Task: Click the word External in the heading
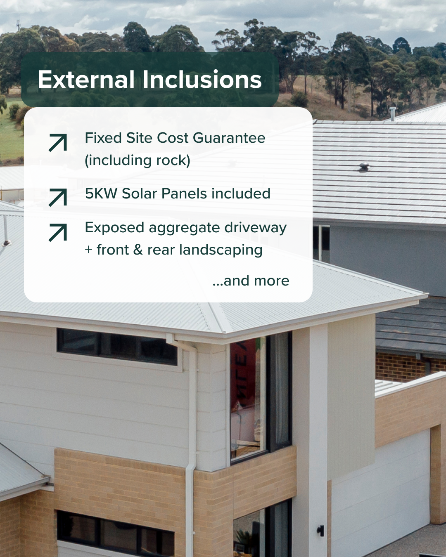click(x=86, y=80)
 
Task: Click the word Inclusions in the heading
click(x=202, y=80)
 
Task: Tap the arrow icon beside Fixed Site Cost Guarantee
click(x=58, y=142)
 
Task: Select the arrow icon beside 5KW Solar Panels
click(x=58, y=198)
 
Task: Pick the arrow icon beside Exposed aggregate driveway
click(x=58, y=233)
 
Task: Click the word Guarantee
click(x=229, y=138)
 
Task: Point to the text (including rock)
click(x=138, y=160)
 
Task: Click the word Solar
click(x=139, y=194)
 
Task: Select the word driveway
click(x=256, y=228)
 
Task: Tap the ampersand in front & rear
click(x=138, y=250)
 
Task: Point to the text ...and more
click(x=251, y=281)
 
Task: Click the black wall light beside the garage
click(x=320, y=531)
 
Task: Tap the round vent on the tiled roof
click(x=363, y=167)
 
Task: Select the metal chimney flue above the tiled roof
click(x=393, y=113)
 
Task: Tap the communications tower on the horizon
click(x=18, y=25)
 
